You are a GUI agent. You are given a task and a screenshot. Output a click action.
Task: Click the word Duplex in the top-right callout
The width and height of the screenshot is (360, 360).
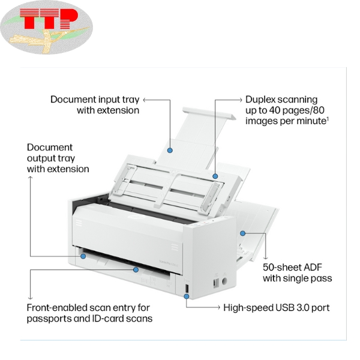tap(260, 99)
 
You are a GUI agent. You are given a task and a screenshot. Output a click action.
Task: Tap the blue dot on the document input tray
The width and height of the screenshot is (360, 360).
tap(170, 150)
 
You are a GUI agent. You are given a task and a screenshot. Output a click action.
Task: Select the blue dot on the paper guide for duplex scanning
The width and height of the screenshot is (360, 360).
tap(215, 176)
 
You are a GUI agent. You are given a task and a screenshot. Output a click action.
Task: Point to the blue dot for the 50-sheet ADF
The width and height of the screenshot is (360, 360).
tap(243, 233)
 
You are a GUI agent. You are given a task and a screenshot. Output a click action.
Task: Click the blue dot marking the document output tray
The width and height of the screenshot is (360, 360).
tap(83, 256)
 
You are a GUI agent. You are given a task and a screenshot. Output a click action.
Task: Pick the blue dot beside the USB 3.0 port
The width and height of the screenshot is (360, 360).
tap(186, 295)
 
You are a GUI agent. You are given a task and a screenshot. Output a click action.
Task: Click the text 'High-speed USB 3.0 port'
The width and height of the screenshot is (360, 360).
tap(277, 308)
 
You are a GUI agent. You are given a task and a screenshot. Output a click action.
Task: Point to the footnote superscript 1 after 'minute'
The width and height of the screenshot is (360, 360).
tap(328, 118)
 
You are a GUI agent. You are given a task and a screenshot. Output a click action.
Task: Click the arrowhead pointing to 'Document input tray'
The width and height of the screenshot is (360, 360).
tap(145, 100)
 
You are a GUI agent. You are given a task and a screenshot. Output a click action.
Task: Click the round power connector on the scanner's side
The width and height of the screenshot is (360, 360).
tap(225, 280)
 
